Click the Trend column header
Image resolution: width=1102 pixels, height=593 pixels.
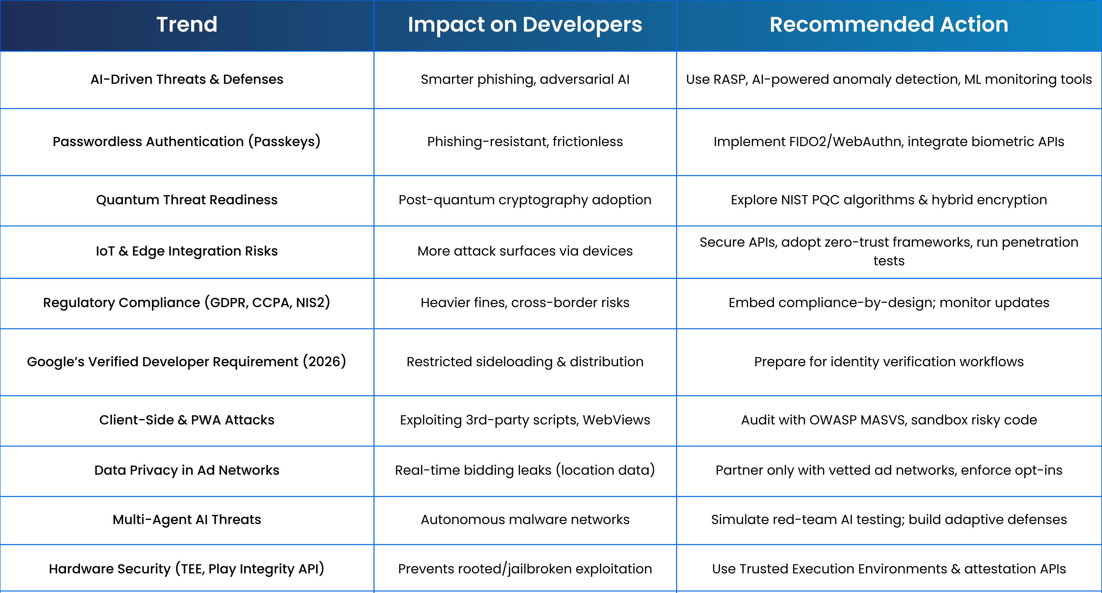tap(187, 24)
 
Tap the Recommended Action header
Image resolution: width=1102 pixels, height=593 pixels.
tap(889, 24)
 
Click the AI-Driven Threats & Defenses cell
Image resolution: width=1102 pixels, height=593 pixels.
tap(187, 79)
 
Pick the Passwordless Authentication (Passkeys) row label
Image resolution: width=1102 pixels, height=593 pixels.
tap(187, 141)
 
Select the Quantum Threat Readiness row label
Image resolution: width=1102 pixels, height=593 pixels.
tap(187, 200)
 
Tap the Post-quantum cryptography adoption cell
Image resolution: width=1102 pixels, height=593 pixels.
tap(525, 200)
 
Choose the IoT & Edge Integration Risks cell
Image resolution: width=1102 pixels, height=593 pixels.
tap(187, 251)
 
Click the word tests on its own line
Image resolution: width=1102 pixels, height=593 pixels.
tap(889, 261)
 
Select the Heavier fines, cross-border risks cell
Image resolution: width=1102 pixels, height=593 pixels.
tap(525, 303)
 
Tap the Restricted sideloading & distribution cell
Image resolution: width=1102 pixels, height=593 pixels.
tap(525, 362)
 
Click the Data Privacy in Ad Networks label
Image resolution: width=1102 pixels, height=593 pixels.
tap(187, 470)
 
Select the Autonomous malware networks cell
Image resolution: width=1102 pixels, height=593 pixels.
tap(525, 519)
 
